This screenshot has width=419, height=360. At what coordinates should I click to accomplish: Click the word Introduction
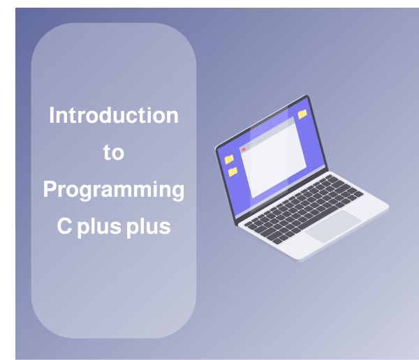click(113, 115)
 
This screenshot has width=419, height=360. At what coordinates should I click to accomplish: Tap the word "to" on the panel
click(113, 153)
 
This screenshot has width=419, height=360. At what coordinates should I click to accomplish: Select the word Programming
click(113, 190)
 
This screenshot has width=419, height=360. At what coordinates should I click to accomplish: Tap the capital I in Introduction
click(51, 115)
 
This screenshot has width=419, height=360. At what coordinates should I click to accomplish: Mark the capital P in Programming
click(50, 189)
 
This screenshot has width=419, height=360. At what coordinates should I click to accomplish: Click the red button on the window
click(243, 149)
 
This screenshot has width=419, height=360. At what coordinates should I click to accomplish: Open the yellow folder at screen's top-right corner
click(302, 114)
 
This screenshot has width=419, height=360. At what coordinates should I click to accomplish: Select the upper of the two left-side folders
click(228, 159)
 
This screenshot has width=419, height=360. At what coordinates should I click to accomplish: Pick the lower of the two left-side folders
click(233, 172)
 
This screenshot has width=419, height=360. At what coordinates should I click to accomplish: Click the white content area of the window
click(276, 160)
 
